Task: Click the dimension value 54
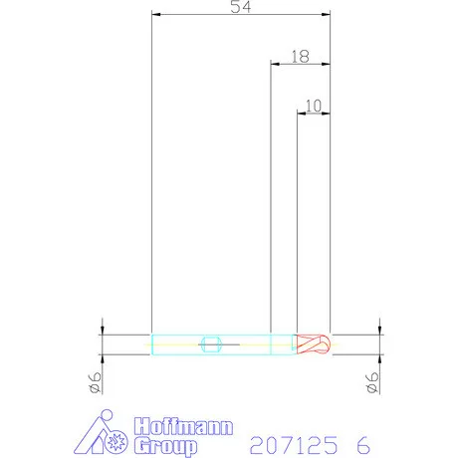[x=241, y=7]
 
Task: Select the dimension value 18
[x=301, y=57]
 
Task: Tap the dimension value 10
[x=314, y=106]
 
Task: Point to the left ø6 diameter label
[x=95, y=382]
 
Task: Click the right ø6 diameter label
[x=372, y=382]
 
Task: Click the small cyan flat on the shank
[x=211, y=344]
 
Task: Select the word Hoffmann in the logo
[x=183, y=426]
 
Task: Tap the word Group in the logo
[x=165, y=446]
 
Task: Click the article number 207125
[x=294, y=445]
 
